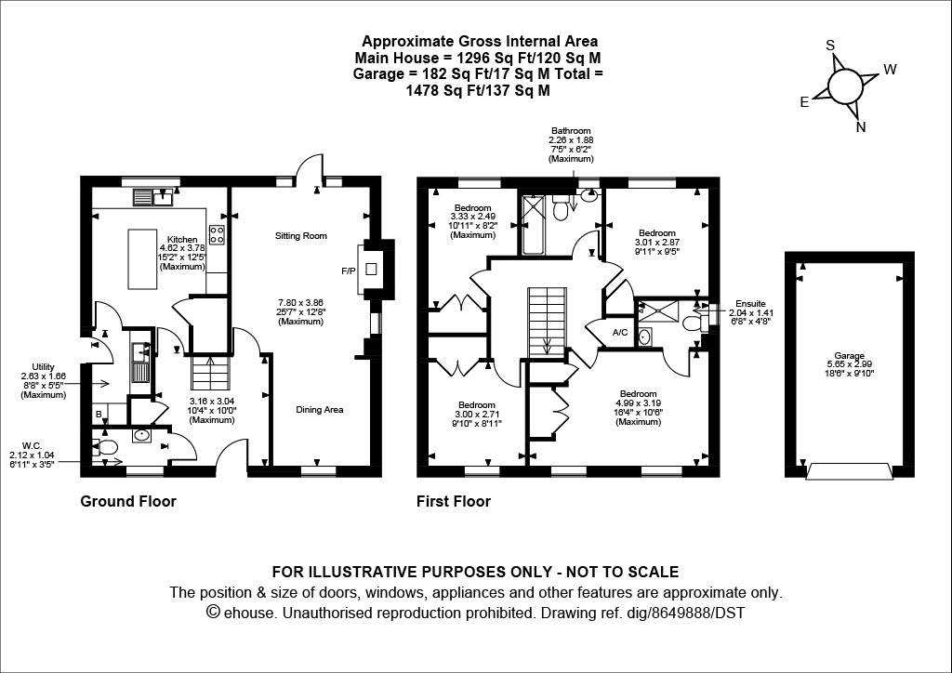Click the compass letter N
(861, 128)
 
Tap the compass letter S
(830, 46)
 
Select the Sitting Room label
(300, 236)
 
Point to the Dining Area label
(320, 409)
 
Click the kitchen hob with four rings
(218, 234)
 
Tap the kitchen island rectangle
(145, 257)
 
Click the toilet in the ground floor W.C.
(108, 449)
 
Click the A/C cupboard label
(620, 333)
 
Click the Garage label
(849, 356)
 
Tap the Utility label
(44, 368)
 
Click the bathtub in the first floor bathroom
(535, 225)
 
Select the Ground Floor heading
(128, 502)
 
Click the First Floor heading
(453, 502)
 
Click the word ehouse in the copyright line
(249, 614)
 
